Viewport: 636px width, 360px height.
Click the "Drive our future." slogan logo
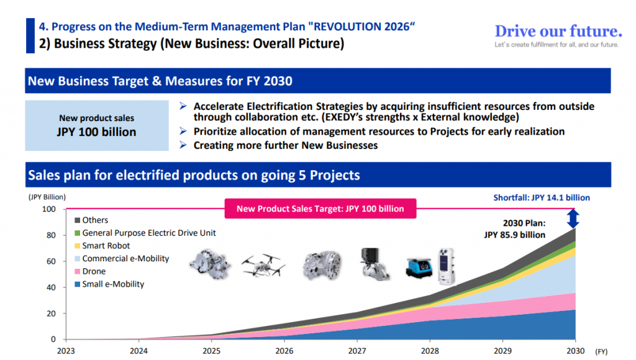coord(558,31)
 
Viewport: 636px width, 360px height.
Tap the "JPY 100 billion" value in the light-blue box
coord(96,132)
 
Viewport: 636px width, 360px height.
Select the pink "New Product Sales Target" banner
coord(320,209)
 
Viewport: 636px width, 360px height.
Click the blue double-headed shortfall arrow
coord(573,218)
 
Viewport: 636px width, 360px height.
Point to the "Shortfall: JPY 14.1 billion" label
coord(542,197)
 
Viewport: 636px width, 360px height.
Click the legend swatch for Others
coord(78,220)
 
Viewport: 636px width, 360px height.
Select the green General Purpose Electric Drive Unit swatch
coord(78,233)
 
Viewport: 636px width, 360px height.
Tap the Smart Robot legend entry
coord(106,246)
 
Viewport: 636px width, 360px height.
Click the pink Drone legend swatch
coord(78,272)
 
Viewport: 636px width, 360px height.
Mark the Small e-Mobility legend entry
coord(112,284)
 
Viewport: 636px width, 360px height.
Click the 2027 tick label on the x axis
coord(357,351)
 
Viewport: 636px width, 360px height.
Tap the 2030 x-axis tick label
coord(575,351)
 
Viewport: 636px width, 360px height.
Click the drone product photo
coord(263,264)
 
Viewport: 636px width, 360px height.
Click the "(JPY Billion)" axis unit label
coord(47,197)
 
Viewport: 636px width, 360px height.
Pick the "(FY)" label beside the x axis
coord(601,351)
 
